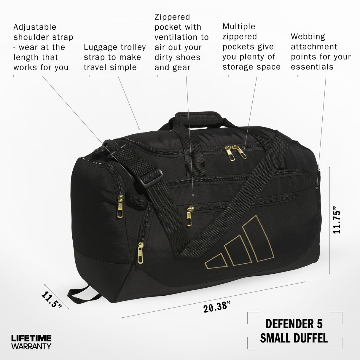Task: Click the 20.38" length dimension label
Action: tap(217, 306)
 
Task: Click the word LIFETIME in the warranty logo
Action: tap(31, 338)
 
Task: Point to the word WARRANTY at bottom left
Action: tap(31, 346)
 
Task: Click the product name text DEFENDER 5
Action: tap(294, 324)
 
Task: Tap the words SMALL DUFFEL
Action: tap(294, 338)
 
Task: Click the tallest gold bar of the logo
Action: tap(258, 239)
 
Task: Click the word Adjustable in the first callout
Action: tap(35, 27)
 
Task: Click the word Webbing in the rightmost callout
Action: tap(308, 37)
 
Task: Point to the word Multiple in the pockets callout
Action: tap(239, 27)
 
